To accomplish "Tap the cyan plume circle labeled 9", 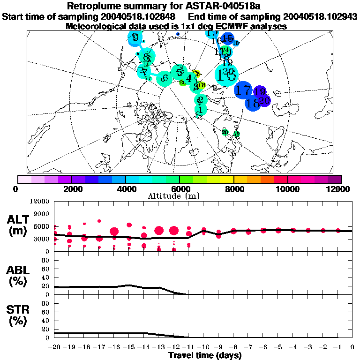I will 135,38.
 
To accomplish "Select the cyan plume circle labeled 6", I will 164,78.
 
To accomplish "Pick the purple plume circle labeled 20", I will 264,100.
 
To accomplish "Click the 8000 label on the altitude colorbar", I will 233,189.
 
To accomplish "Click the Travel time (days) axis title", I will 205,356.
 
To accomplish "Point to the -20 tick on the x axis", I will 54,347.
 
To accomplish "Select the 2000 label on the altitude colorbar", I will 71,189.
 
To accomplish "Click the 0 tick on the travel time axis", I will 352,347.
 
